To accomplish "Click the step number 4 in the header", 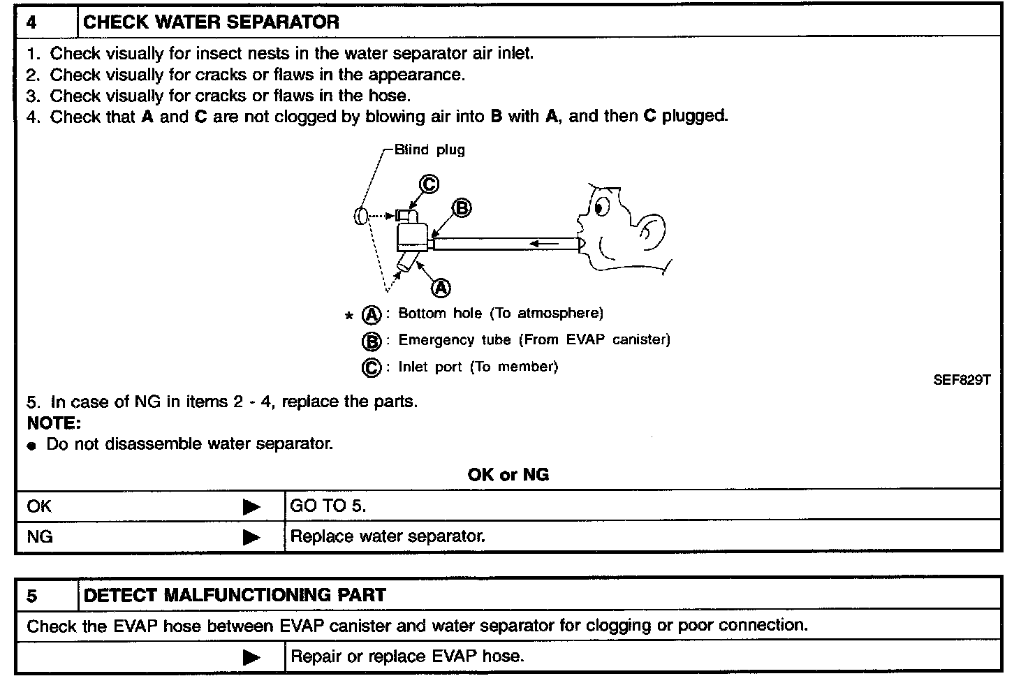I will (32, 22).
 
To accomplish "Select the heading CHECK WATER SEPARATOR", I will (211, 22).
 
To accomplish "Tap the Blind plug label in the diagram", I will (429, 149).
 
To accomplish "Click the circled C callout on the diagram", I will (429, 184).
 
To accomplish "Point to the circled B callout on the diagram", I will (462, 208).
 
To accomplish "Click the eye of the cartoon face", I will (601, 205).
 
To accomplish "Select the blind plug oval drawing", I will (360, 216).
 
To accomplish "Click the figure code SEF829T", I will (961, 381).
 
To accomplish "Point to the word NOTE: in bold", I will (54, 423).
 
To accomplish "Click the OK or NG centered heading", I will (508, 475).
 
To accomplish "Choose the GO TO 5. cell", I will (328, 506).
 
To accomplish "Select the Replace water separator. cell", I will (388, 536).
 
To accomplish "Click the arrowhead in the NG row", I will (251, 537).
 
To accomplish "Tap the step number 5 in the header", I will (32, 596).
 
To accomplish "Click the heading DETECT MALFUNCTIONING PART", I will (234, 596).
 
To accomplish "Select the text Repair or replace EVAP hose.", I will (406, 656).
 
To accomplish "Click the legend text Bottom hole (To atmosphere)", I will (500, 314).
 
